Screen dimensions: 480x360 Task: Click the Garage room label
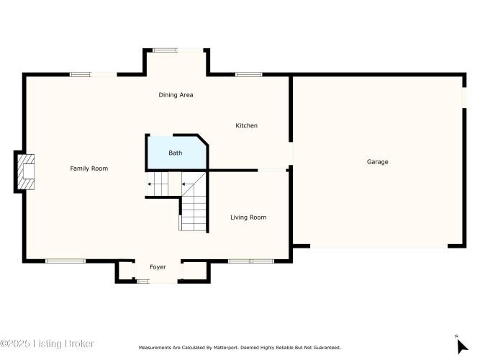[377, 162]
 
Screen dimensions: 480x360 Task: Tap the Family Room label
[89, 168]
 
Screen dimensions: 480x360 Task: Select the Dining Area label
[176, 95]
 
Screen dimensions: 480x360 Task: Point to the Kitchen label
[246, 125]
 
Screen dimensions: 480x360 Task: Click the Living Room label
[248, 217]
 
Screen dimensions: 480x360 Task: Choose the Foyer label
[158, 267]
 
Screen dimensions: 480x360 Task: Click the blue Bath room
[177, 152]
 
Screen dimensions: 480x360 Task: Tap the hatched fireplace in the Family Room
[26, 172]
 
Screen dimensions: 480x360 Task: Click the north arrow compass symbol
[462, 346]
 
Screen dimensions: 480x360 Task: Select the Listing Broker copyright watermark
[47, 343]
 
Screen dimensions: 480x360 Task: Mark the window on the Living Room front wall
[251, 261]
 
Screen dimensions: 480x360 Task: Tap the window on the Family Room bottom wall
[65, 261]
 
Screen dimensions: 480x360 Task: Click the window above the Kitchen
[248, 74]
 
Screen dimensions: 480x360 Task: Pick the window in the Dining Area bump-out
[165, 50]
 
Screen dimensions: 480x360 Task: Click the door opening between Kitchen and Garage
[291, 153]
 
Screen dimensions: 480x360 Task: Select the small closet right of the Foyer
[195, 271]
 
